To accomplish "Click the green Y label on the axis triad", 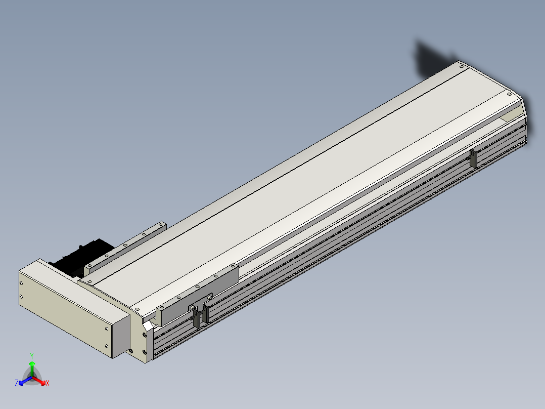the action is tap(32, 356).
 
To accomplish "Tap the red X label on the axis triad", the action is tap(48, 383).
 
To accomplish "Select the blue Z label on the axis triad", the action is tap(17, 383).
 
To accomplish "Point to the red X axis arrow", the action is tap(39, 381).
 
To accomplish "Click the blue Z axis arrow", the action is tap(25, 381).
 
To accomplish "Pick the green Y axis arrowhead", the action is tap(32, 364).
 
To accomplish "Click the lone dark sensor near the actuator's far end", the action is tap(473, 159).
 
